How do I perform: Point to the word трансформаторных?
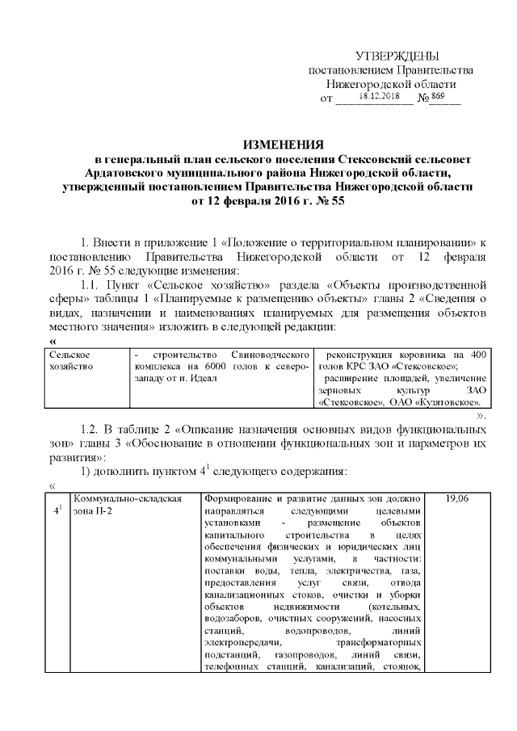tap(379, 641)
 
